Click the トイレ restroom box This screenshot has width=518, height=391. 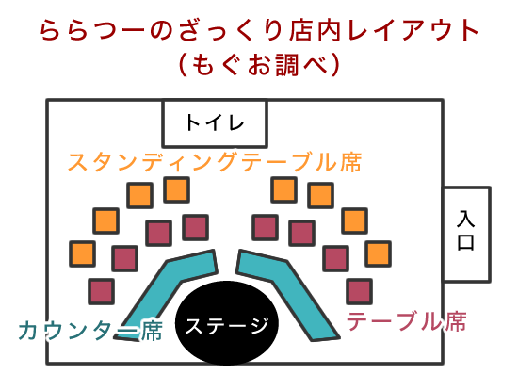click(215, 123)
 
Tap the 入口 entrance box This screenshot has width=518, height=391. click(466, 235)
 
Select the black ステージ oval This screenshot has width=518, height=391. click(227, 323)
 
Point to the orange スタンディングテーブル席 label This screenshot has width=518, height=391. click(215, 162)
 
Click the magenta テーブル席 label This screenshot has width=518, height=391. click(406, 321)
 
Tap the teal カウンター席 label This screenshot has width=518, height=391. click(90, 330)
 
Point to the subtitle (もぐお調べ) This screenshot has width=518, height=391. click(259, 65)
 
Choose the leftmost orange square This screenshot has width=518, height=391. click(83, 253)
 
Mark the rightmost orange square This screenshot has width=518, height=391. click(379, 253)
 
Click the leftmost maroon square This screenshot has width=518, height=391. click(102, 291)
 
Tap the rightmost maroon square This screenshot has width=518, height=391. click(360, 291)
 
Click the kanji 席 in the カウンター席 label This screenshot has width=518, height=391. click(152, 330)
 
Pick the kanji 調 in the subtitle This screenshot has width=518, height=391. click(287, 65)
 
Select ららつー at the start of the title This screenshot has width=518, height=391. click(92, 30)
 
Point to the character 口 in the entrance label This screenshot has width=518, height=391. click(466, 243)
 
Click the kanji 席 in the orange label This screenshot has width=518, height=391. click(350, 162)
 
